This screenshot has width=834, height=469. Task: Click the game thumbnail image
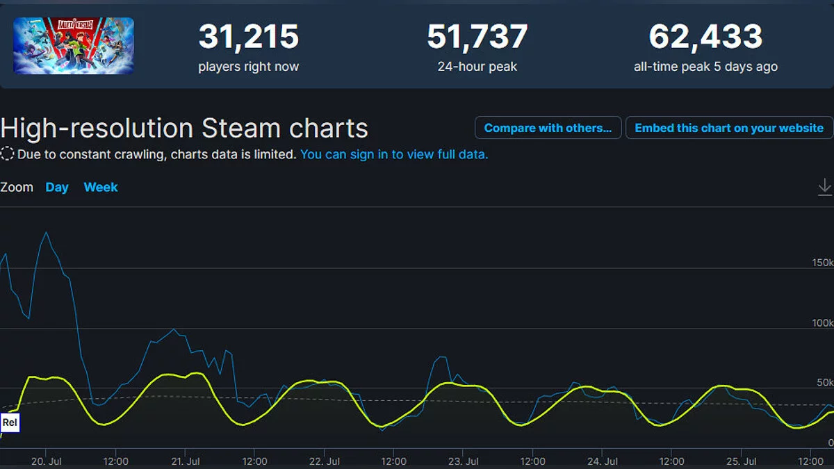coord(73,46)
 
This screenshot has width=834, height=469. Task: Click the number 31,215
coord(248,37)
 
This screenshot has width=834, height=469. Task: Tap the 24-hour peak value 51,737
coord(477,37)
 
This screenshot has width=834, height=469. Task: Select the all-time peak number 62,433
coord(705,37)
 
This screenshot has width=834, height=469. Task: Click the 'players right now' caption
coord(248,67)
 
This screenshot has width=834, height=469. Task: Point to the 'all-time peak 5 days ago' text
coord(705,67)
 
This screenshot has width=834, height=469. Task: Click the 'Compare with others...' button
coord(548,128)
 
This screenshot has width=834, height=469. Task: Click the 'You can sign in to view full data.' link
coord(394,154)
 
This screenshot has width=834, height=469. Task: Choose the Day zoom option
coord(57,188)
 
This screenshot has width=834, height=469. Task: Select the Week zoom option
coord(101,188)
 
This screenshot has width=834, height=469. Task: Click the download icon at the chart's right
coord(824,187)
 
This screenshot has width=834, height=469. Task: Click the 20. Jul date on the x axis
coord(48,461)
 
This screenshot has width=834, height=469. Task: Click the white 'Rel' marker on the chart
coord(10,422)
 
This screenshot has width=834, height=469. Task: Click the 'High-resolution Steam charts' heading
coord(184,129)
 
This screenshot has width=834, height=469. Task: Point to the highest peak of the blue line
coord(47,233)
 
